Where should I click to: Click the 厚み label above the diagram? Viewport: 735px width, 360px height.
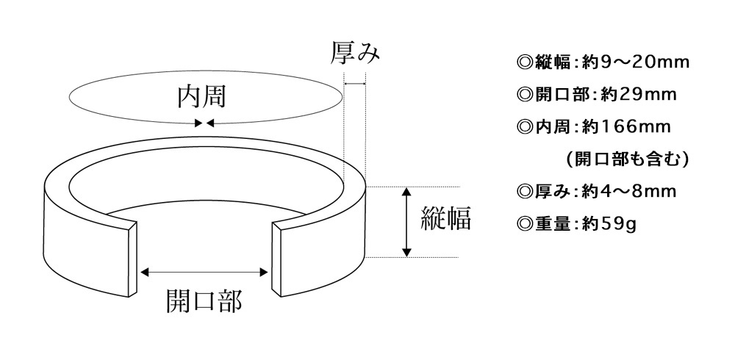click(x=355, y=52)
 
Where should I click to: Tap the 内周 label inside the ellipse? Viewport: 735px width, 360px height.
click(x=201, y=97)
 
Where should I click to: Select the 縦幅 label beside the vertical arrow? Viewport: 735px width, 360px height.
click(x=445, y=218)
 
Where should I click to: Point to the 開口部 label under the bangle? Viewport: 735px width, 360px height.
click(x=204, y=301)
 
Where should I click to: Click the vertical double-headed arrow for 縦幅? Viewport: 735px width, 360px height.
click(x=407, y=222)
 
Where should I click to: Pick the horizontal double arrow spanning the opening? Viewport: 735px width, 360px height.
click(x=204, y=273)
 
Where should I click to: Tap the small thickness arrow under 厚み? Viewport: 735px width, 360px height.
click(x=355, y=84)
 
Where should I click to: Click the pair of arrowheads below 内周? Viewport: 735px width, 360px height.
click(x=204, y=123)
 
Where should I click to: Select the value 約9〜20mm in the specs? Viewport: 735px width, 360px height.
click(x=635, y=62)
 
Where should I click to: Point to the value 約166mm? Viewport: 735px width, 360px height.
click(x=626, y=126)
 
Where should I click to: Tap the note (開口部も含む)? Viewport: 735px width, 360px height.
click(x=627, y=159)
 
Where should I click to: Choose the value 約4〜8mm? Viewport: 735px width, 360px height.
click(x=628, y=191)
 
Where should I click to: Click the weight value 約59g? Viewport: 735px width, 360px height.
click(x=609, y=224)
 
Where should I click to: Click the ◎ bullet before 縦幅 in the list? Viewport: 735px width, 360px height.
click(x=525, y=62)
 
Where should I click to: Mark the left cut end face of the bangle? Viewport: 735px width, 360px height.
click(x=133, y=259)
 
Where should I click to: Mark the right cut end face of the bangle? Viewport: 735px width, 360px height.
click(x=276, y=259)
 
